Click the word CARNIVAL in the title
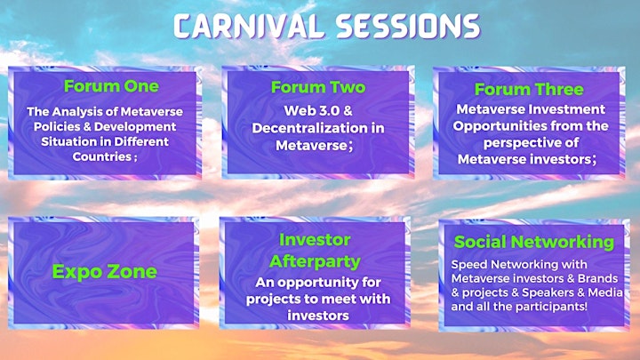click(x=249, y=27)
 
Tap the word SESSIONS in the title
click(x=408, y=27)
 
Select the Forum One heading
click(x=111, y=86)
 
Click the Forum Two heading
click(x=318, y=87)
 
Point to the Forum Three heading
click(x=529, y=90)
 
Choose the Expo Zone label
click(x=105, y=272)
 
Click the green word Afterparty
click(x=315, y=261)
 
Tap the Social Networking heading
click(x=534, y=242)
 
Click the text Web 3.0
click(x=312, y=110)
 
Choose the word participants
click(x=553, y=307)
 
